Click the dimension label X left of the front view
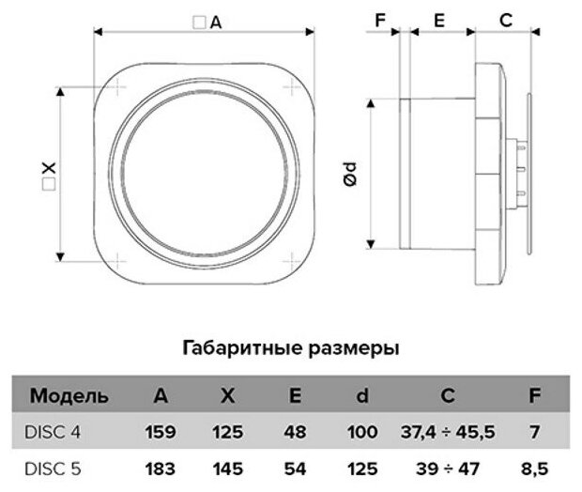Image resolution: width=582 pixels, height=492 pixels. point(48,172)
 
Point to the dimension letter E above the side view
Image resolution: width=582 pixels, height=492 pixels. point(438,19)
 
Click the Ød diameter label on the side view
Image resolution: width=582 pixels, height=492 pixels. point(349,172)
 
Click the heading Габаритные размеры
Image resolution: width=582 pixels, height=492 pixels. point(290,348)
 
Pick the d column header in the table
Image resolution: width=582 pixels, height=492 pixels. point(362,395)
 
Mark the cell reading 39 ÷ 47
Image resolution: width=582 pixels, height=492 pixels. point(448,467)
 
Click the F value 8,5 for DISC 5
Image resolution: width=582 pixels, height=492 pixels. point(535,467)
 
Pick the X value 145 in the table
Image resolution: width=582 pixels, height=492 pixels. point(228,467)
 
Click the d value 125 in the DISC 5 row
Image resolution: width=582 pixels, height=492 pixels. point(362,467)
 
